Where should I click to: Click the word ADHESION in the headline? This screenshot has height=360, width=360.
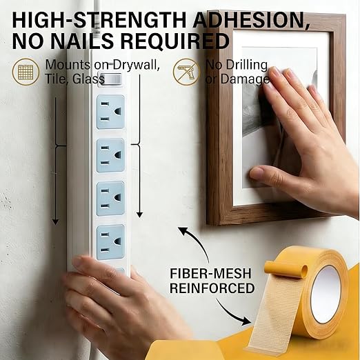coord(251,20)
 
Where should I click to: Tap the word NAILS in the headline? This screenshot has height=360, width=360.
coord(82,41)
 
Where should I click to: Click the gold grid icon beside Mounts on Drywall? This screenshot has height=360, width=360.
coord(26,72)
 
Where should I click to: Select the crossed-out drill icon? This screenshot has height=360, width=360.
coord(186,72)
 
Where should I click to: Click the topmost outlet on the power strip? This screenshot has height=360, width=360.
coord(110,112)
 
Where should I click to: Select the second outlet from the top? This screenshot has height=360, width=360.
coord(110,155)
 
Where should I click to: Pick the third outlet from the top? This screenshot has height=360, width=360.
coord(110,199)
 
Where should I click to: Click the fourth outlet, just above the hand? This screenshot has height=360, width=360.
coord(110,242)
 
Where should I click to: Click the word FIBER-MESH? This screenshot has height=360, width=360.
coord(210,273)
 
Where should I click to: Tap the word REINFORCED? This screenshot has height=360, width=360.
coord(212,288)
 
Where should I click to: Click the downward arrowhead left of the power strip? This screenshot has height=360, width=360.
coord(55,222)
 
